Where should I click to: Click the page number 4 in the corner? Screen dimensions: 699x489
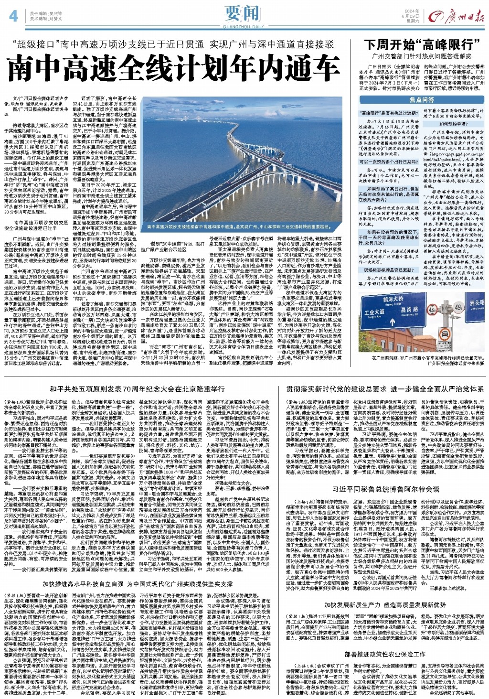[13, 16]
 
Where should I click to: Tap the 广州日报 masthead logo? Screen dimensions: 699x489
[456, 17]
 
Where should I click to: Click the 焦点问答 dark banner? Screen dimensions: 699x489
[422, 100]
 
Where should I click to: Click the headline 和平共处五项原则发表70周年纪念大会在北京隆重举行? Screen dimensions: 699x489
[137, 389]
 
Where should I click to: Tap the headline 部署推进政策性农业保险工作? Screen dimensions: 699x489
[385, 654]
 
